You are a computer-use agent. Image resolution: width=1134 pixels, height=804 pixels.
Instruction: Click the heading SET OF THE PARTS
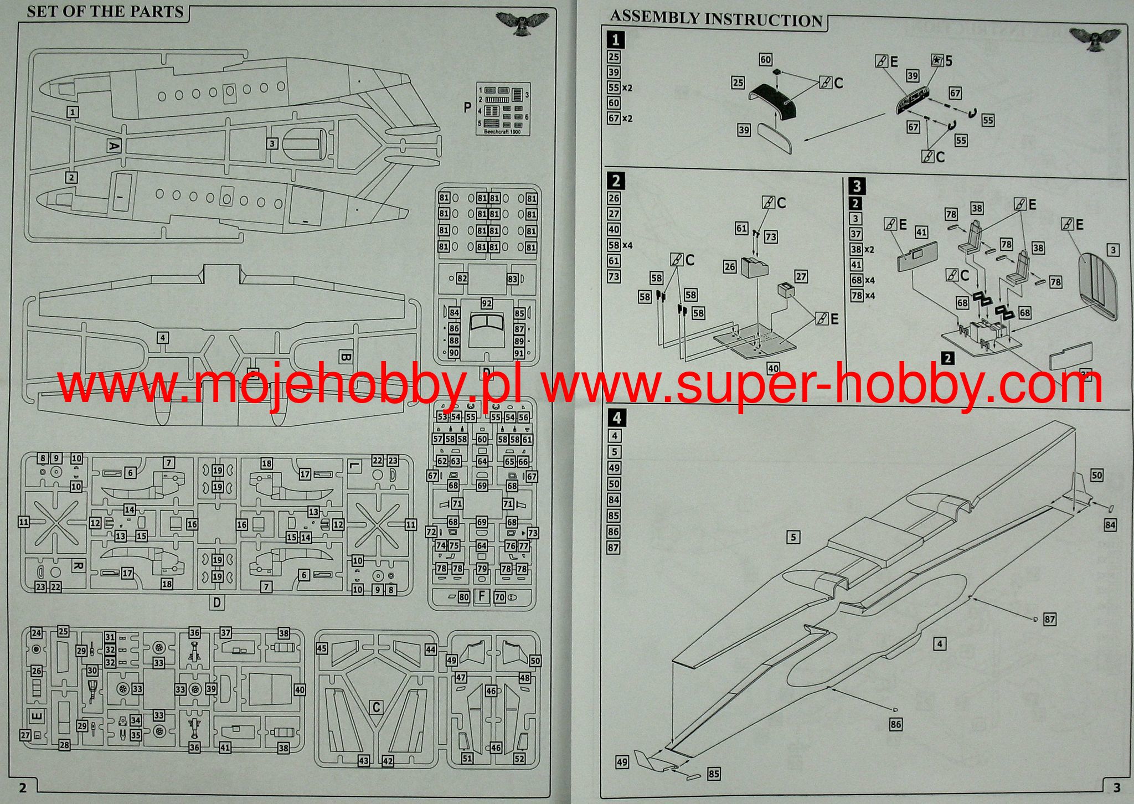tap(105, 12)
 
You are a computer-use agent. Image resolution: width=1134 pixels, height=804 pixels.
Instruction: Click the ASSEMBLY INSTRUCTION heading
tap(716, 19)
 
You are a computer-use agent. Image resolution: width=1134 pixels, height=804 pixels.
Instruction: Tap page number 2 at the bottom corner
tap(22, 787)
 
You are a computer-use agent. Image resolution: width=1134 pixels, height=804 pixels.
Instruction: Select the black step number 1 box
tap(615, 40)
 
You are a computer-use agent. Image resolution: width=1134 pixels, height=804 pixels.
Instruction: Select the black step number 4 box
tap(616, 418)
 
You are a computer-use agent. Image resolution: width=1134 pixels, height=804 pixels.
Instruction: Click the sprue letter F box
tap(482, 597)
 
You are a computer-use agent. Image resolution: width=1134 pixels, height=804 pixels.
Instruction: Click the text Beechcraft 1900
tap(503, 132)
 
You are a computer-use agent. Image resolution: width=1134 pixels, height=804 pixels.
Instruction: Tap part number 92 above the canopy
tap(487, 303)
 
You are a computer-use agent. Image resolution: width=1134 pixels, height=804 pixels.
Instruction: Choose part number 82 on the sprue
tap(462, 279)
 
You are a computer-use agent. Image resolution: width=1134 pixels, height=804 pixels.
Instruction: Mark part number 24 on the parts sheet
tap(37, 633)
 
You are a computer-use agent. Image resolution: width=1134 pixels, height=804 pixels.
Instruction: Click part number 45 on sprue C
tap(322, 649)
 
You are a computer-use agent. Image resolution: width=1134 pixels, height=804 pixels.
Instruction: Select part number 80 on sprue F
tap(464, 597)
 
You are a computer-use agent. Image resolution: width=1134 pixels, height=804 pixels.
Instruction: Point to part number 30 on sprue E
tap(92, 671)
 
